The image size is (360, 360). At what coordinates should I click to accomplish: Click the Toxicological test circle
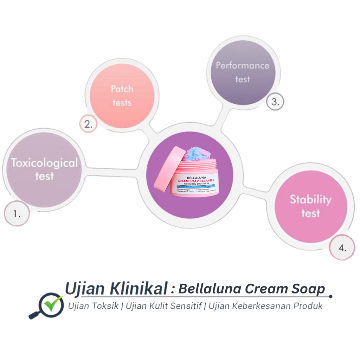tap(44, 169)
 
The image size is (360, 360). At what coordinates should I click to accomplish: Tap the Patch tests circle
tap(122, 95)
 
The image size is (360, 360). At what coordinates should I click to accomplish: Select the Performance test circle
tap(243, 72)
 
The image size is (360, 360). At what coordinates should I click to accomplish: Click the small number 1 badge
tap(17, 213)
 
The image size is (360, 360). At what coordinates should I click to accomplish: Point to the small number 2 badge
tap(88, 124)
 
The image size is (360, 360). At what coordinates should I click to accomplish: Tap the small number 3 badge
tap(275, 102)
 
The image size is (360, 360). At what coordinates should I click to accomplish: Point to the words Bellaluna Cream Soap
tap(251, 289)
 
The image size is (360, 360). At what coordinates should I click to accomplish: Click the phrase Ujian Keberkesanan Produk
tap(265, 306)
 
